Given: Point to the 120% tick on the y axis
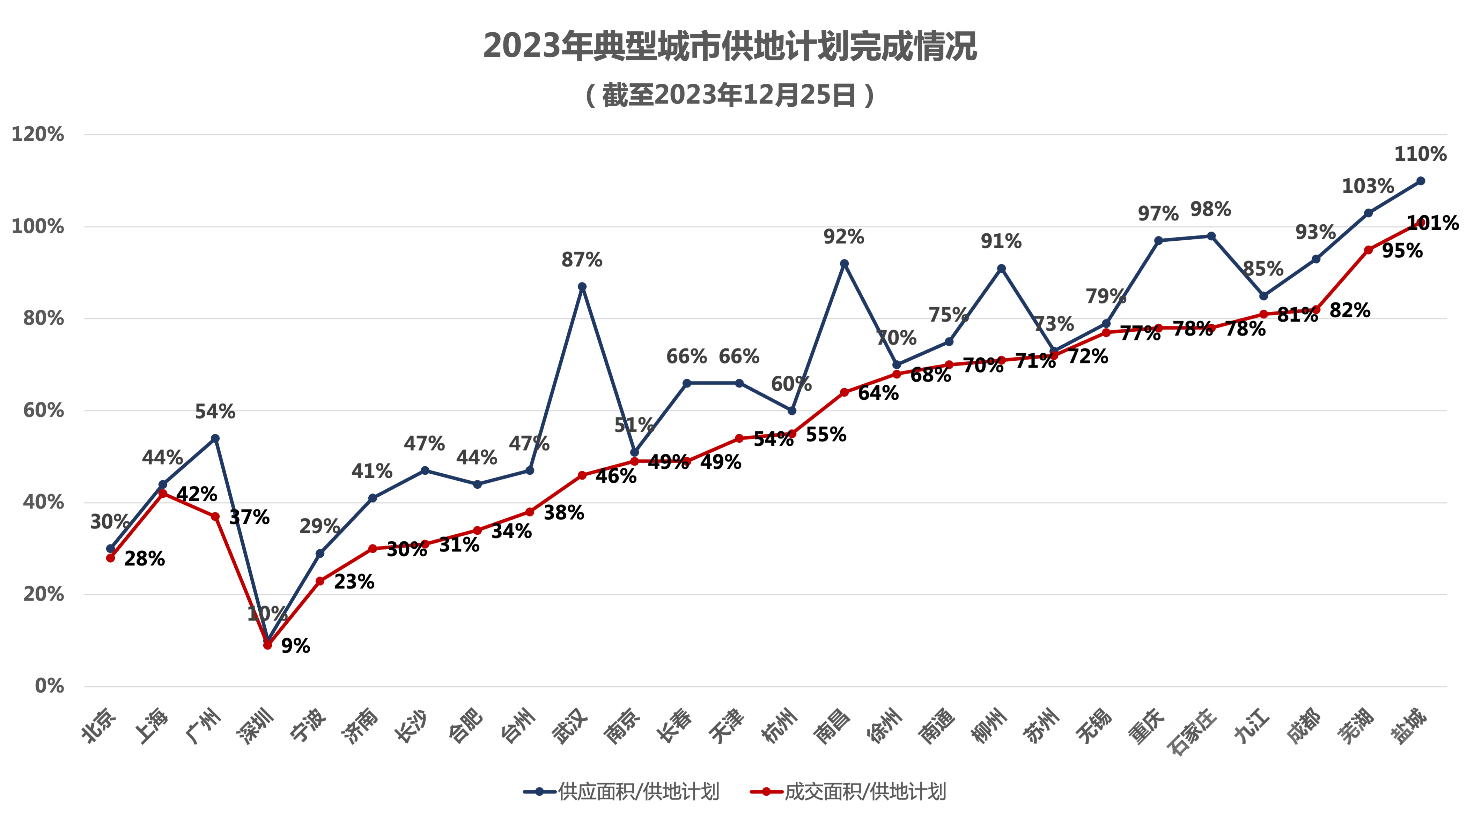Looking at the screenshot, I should click(x=38, y=135).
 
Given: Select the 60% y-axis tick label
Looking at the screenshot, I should click(x=43, y=410).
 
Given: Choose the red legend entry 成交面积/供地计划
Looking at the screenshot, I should click(x=849, y=791).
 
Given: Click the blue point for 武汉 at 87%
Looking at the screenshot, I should click(x=582, y=287).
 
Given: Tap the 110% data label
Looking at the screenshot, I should click(x=1420, y=154).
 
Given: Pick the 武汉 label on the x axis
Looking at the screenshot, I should click(x=570, y=727).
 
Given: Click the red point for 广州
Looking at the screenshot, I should click(x=215, y=517).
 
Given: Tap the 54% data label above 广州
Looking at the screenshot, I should click(x=215, y=411).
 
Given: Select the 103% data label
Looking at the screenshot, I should click(x=1368, y=186).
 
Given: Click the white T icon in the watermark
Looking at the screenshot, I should click(x=1203, y=752).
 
